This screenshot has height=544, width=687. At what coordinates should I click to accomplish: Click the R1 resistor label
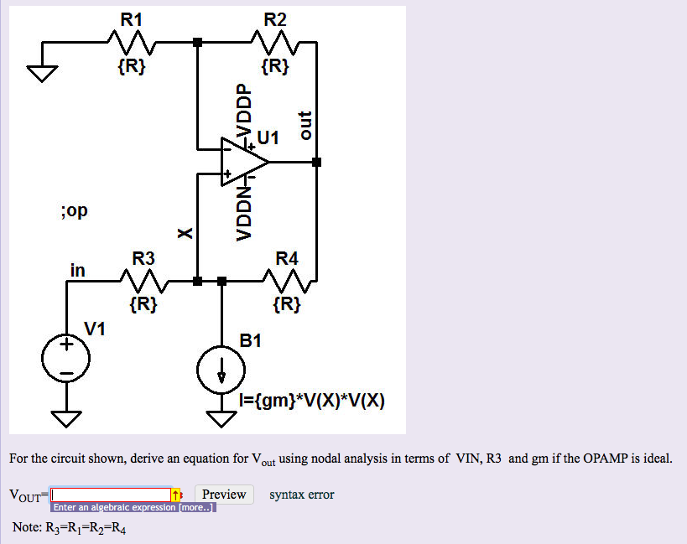(x=132, y=18)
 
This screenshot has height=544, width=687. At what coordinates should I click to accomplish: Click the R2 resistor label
(x=274, y=18)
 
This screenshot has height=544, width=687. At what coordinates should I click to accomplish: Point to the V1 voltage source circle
(x=67, y=360)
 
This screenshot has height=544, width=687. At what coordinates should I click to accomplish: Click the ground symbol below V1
(x=67, y=417)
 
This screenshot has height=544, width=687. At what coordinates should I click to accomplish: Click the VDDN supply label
(x=243, y=212)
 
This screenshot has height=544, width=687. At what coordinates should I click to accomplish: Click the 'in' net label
(x=77, y=270)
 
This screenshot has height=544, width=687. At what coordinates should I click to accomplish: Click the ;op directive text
(x=74, y=210)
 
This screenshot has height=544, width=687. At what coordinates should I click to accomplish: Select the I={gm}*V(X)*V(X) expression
(x=311, y=401)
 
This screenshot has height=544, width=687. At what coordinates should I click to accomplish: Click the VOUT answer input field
(x=111, y=495)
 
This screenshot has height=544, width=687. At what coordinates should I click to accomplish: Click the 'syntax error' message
(x=301, y=495)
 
